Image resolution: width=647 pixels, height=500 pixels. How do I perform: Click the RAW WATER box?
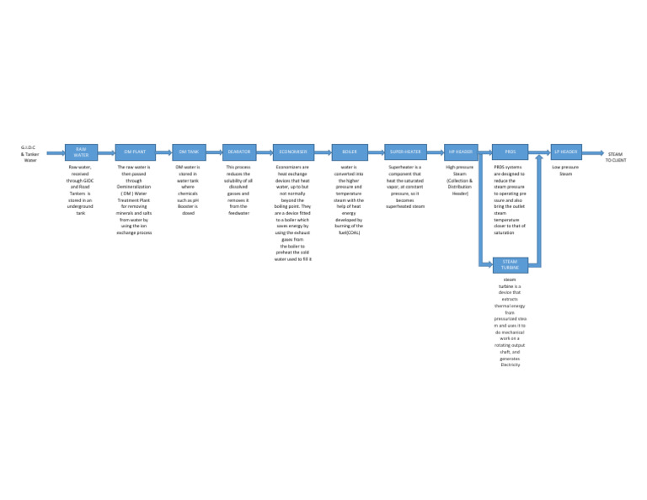coord(81,152)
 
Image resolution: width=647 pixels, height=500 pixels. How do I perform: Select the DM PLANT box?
coord(135,152)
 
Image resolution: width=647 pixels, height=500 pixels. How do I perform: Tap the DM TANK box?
coord(189,152)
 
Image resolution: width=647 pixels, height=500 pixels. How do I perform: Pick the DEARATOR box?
coord(238,152)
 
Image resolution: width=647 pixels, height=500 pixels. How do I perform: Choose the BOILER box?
coord(349,152)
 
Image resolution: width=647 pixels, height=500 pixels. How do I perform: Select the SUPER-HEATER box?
coord(405,152)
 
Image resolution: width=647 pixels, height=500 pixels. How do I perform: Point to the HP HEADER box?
coord(461,152)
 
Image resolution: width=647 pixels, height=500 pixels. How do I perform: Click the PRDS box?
coord(511,152)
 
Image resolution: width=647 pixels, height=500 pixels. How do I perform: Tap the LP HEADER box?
coord(566,152)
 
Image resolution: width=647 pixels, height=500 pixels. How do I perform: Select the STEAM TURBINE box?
coord(511,265)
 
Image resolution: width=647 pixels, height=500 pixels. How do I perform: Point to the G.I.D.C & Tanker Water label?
coord(30,153)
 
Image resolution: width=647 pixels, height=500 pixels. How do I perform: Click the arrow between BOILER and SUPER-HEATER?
coord(375,153)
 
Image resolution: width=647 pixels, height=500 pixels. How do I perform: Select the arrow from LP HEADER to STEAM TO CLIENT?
coord(593,153)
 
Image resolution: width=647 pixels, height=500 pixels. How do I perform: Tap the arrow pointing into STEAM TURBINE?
coord(486,265)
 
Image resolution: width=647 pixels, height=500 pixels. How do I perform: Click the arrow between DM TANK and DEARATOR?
coord(214,153)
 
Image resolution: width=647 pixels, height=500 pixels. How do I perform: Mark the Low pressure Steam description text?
coord(565,171)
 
